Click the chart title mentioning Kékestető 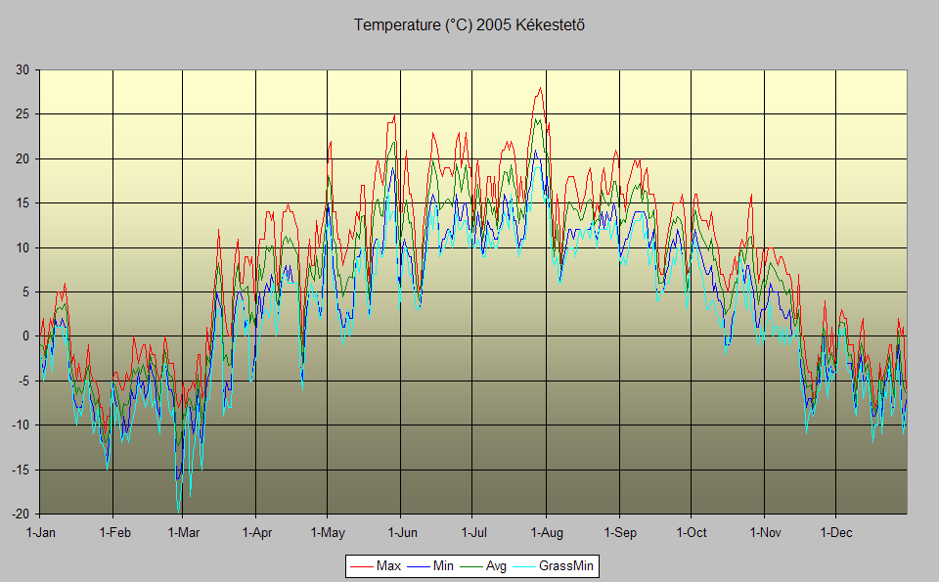[x=469, y=24]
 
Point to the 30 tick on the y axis [x=22, y=69]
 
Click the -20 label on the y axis [x=20, y=514]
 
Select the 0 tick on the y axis [x=25, y=336]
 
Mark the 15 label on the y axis [x=22, y=202]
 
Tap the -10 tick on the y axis [x=20, y=425]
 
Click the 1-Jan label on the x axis [x=40, y=532]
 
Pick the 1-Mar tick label [x=183, y=532]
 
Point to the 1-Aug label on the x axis [x=546, y=532]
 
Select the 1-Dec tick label [x=835, y=532]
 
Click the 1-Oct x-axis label [x=691, y=532]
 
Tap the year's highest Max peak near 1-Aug [x=539, y=88]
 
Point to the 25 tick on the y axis [x=22, y=114]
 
